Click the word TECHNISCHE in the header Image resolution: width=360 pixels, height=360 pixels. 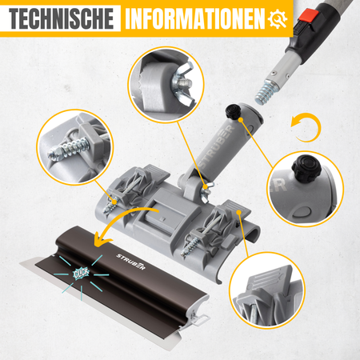(61, 18)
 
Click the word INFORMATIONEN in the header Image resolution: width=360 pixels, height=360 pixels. (195, 18)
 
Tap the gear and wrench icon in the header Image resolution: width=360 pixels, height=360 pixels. (278, 19)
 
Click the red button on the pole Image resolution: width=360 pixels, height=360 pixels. (309, 16)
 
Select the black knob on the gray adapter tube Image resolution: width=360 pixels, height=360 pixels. (233, 112)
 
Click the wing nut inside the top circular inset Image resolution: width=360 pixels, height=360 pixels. (183, 82)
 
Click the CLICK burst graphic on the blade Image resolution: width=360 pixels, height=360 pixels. (81, 274)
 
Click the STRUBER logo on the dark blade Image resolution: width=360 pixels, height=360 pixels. (130, 262)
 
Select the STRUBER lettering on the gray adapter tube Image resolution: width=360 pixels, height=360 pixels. (216, 146)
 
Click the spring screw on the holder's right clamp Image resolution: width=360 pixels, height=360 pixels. (190, 246)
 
